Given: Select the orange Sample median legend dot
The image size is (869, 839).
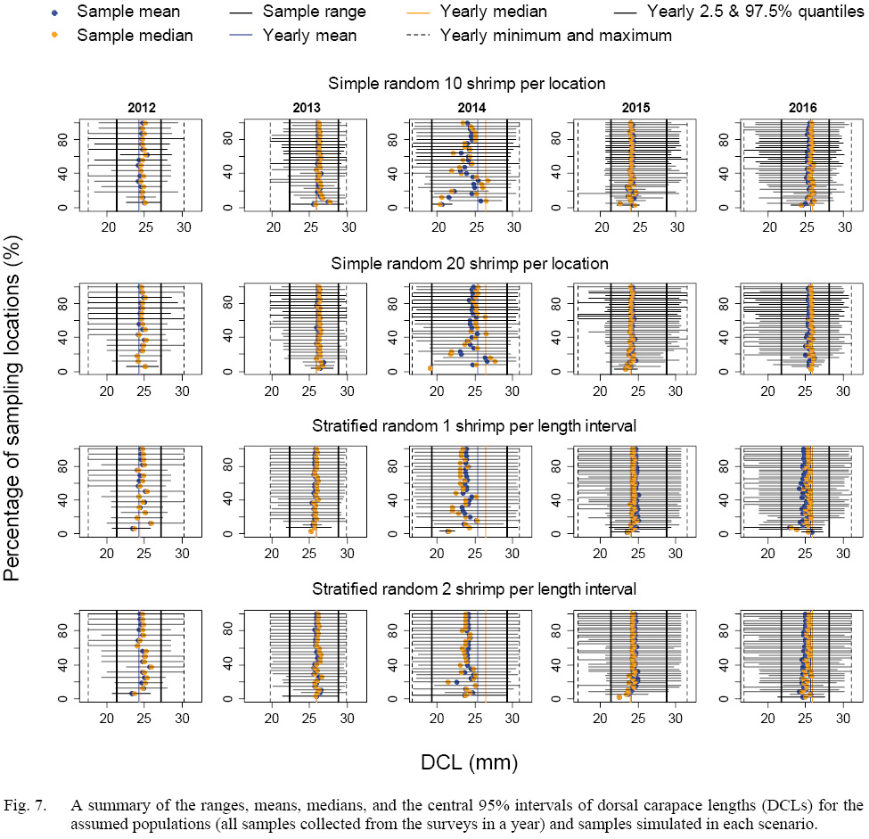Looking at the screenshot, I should pos(55,36).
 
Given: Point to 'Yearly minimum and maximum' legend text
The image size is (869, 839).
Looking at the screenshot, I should pos(556,36).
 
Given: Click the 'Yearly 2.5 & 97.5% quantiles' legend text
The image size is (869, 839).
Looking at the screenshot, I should pos(742,12).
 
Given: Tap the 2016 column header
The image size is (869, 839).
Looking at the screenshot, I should pos(802,108).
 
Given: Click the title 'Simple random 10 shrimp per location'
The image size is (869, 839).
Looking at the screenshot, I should pos(467,84).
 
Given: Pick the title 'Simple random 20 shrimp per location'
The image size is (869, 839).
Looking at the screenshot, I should pos(470,264).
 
